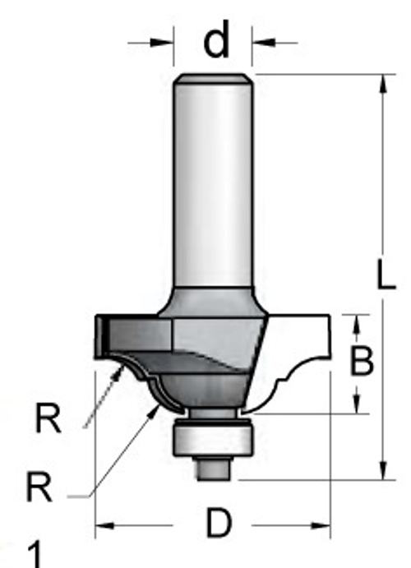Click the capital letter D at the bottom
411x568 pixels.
[x=217, y=524]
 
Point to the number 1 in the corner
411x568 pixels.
[x=35, y=553]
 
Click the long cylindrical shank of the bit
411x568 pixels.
[x=214, y=181]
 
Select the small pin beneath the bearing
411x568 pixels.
[x=212, y=468]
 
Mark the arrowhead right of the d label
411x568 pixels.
[x=262, y=42]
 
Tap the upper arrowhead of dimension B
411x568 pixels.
[x=357, y=325]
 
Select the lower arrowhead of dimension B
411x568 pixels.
[x=357, y=404]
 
